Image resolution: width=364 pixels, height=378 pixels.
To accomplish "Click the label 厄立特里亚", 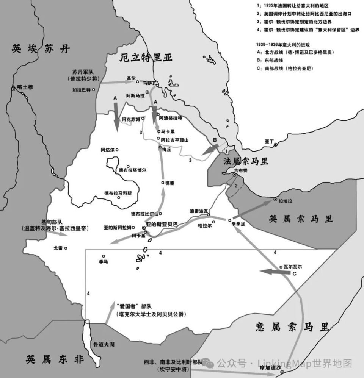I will click(146, 58).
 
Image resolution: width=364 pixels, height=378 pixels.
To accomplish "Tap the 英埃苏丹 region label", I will click(41, 48).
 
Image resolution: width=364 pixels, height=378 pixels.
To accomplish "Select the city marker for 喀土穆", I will click(13, 89).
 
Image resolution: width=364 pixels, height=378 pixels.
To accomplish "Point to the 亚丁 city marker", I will click(276, 145).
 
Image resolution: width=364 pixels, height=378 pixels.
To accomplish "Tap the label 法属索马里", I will click(246, 161).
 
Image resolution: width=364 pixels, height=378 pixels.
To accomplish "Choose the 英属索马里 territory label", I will click(301, 219).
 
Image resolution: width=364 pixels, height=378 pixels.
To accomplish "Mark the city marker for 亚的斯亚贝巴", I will click(144, 228).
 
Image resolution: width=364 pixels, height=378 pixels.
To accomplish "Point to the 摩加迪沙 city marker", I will click(282, 373).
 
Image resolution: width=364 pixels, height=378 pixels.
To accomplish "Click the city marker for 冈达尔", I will click(117, 150).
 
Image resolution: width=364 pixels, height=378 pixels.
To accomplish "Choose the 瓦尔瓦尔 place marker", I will click(281, 267).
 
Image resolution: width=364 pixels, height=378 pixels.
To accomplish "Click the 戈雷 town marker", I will click(66, 248).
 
